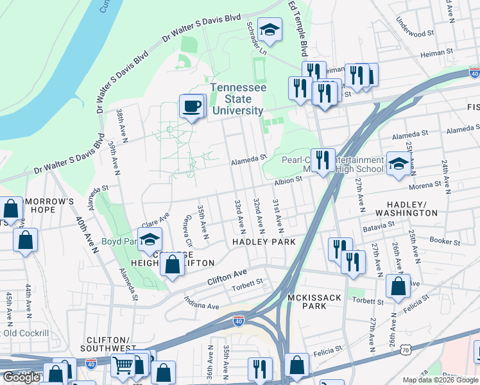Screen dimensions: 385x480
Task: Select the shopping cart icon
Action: pos(122,365)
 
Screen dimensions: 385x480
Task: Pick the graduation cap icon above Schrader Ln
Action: pos(270,30)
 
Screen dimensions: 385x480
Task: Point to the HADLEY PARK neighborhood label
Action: pos(264,242)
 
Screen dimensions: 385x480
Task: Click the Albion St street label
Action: pos(288,182)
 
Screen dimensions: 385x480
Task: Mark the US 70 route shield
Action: pos(404,350)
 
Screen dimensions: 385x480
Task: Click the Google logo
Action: pos(21,377)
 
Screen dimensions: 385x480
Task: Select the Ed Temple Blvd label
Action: pos(298,26)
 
